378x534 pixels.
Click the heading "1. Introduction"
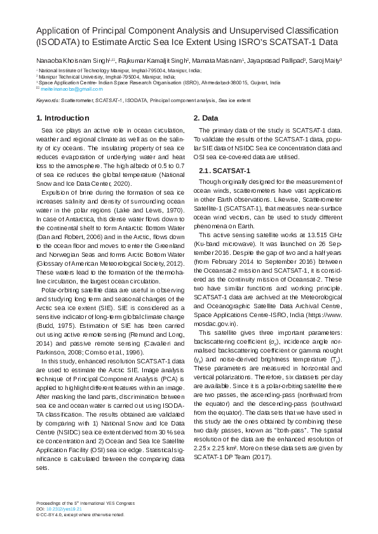[63, 118]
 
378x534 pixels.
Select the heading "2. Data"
[206, 118]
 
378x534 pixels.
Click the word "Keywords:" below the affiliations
[48, 100]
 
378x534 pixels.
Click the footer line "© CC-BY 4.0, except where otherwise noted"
[80, 515]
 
